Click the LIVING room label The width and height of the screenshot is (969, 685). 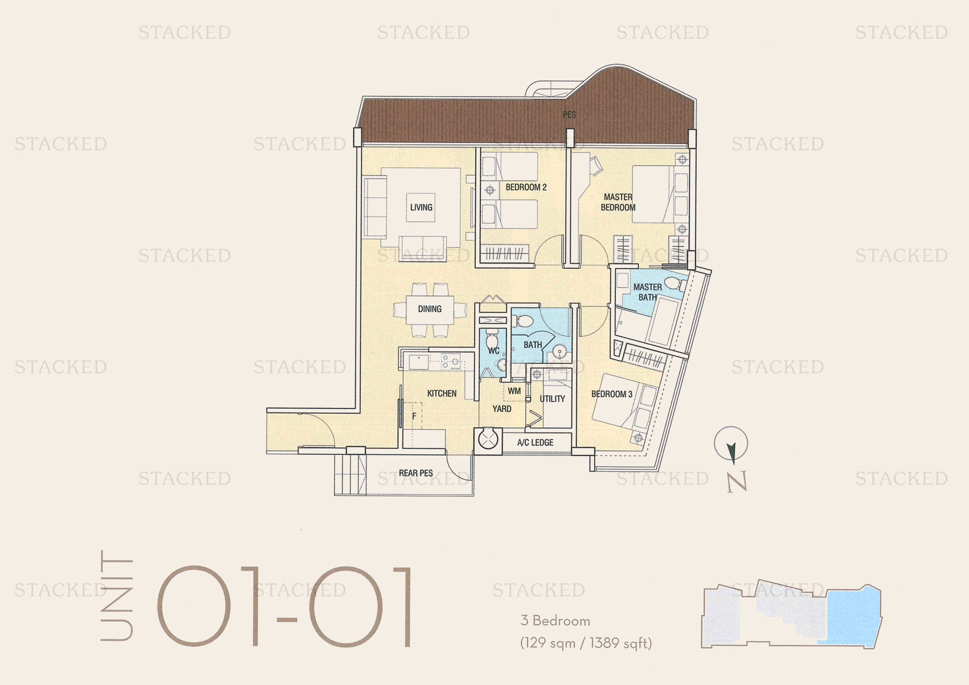tap(421, 207)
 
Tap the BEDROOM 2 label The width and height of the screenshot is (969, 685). tap(526, 187)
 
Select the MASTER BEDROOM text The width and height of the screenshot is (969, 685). tap(618, 202)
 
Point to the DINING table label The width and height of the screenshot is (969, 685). tap(430, 309)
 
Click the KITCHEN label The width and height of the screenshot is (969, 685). tap(442, 393)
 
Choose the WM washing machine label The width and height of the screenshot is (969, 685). tap(514, 391)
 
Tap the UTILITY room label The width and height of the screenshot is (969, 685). tap(552, 398)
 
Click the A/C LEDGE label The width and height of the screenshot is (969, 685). tap(535, 442)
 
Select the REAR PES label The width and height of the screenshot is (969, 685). tap(416, 473)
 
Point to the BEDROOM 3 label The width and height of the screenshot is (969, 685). tap(611, 394)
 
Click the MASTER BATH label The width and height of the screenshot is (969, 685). tap(648, 292)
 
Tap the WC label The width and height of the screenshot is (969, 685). tap(494, 350)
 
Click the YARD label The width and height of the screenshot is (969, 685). tap(502, 408)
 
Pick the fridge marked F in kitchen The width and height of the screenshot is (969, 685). tap(413, 416)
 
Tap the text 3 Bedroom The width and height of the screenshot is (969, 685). tap(556, 620)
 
